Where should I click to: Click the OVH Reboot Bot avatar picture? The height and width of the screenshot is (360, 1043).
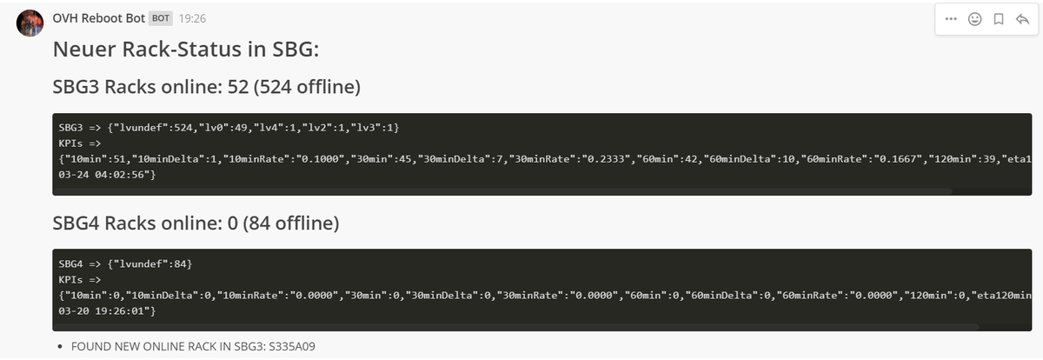30,23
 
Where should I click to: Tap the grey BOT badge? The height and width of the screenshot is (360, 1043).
161,18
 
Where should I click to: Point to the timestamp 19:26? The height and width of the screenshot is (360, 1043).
192,18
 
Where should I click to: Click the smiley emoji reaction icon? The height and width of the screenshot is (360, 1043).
974,18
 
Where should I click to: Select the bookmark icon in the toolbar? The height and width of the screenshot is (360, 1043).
999,18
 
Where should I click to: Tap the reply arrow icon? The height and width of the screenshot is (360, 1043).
1021,18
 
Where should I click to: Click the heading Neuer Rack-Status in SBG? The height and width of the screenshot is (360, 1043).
186,50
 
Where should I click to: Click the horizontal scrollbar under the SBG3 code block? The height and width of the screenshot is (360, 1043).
504,190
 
